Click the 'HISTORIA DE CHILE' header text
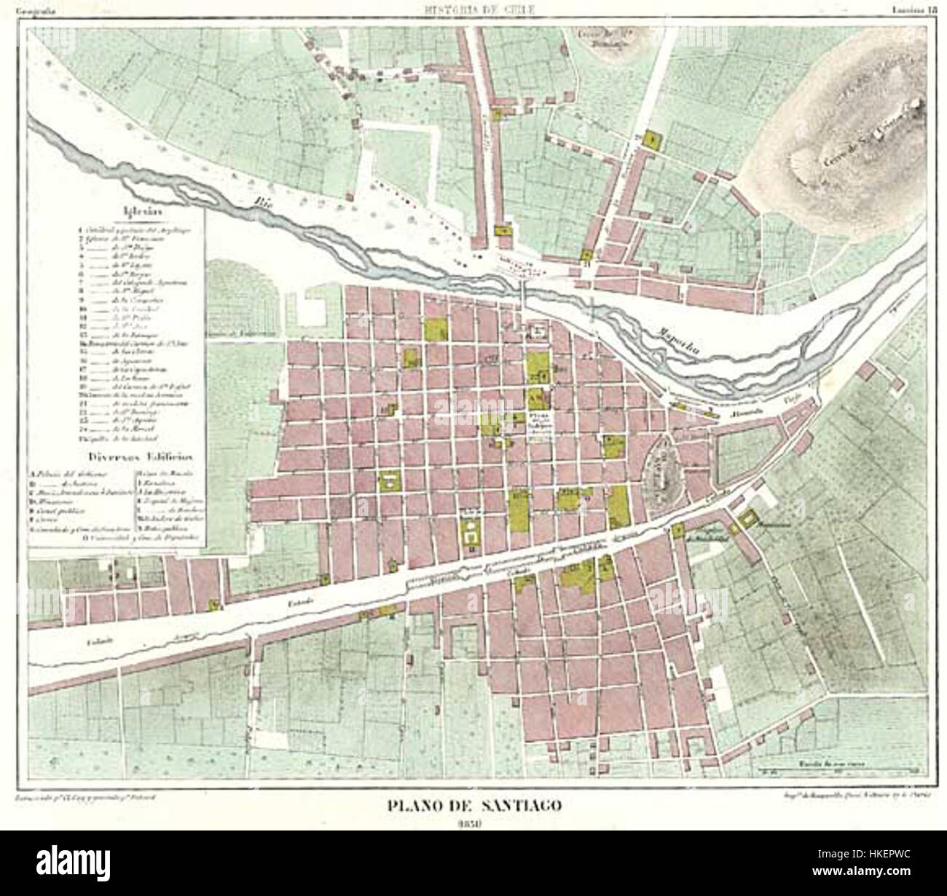tap(473, 8)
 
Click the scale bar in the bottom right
tap(838, 769)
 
